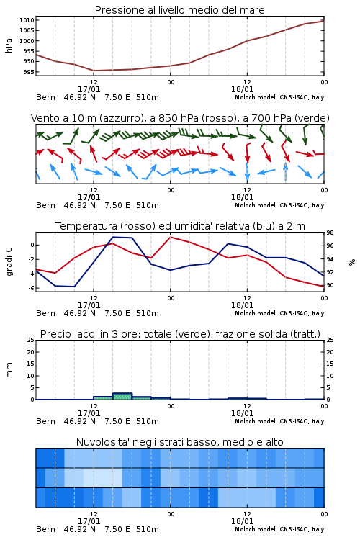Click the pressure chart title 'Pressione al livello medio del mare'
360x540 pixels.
pos(179,10)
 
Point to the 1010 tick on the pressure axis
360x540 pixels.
pos(27,20)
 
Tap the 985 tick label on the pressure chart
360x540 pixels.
pos(28,72)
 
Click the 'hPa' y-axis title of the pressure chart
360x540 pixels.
pos(9,45)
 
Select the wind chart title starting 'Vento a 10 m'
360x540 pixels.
pos(180,118)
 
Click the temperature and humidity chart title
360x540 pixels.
pos(180,226)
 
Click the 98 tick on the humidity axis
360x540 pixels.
pos(330,233)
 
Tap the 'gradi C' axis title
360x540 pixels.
pos(9,261)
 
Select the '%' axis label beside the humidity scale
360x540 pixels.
pos(352,262)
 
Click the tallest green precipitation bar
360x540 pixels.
pos(122,396)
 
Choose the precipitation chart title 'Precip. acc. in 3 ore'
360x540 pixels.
pos(180,334)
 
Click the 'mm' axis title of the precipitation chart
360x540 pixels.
pos(9,370)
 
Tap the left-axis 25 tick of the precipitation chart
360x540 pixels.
pos(31,340)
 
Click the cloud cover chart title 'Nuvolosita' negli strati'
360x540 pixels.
pos(179,442)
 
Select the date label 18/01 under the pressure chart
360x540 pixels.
pos(242,89)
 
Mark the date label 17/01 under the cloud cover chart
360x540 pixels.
pos(89,521)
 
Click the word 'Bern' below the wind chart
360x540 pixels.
pos(45,206)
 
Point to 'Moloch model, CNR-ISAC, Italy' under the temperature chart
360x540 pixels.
pos(279,313)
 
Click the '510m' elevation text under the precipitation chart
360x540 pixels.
pos(148,421)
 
